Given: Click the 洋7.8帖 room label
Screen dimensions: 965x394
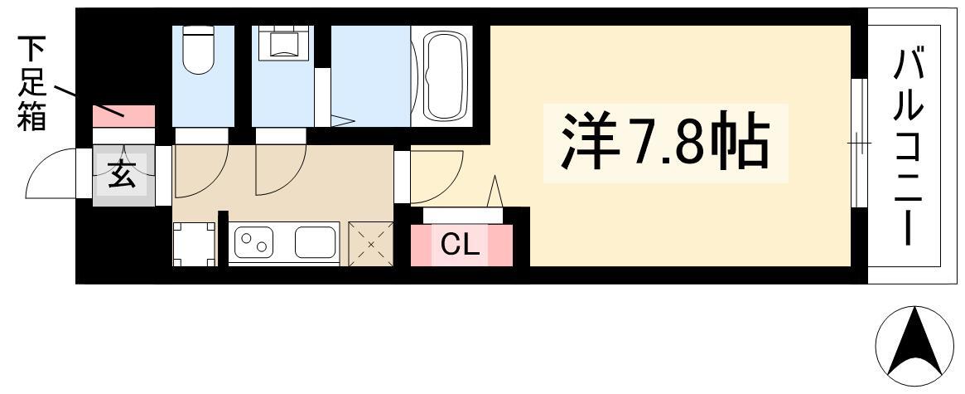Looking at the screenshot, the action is [664, 143].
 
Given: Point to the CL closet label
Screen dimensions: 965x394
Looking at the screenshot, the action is [460, 246].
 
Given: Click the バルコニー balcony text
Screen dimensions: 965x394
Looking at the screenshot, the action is [908, 148].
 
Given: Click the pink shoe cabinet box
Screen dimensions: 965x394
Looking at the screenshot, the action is [123, 116].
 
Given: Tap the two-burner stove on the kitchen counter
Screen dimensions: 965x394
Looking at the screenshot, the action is [253, 241].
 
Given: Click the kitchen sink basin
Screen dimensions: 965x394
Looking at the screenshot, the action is [315, 241].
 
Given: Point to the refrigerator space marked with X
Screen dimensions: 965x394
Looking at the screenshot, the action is [371, 244].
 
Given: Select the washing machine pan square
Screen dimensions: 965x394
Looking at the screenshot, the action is [195, 244].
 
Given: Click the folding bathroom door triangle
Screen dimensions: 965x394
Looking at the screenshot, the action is [342, 121].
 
